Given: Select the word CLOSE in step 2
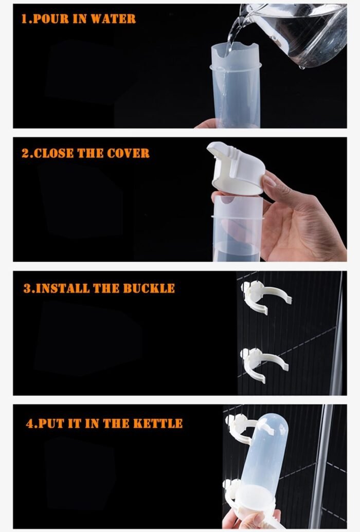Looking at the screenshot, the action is [x=53, y=153].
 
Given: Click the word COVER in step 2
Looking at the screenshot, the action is [x=128, y=153].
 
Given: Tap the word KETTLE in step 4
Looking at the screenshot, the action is [x=158, y=424].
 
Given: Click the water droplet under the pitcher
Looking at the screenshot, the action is [x=301, y=67].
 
